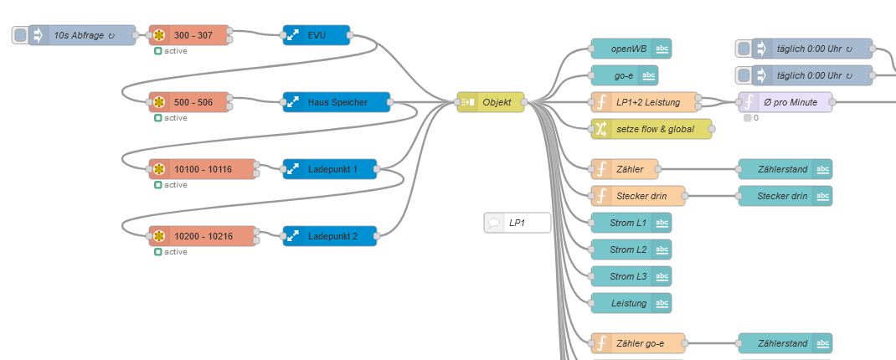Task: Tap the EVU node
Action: pos(317,35)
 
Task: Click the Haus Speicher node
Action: pos(337,102)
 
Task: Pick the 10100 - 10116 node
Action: pos(203,169)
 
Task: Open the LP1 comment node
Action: pos(518,223)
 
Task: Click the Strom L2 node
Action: pos(629,249)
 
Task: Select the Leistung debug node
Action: pos(629,303)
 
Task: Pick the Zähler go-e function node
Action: pos(638,343)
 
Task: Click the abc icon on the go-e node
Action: pos(648,75)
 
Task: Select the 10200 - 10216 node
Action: pos(203,236)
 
